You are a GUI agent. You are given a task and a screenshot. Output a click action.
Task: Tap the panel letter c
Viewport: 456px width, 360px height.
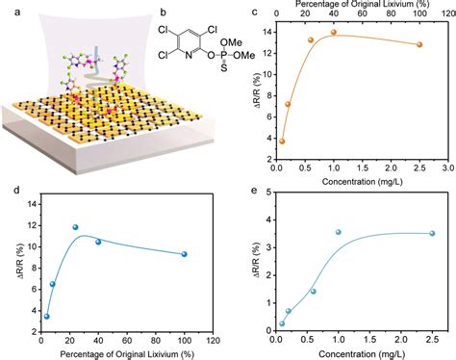click(253, 13)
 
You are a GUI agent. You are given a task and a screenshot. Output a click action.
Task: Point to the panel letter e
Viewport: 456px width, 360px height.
click(253, 189)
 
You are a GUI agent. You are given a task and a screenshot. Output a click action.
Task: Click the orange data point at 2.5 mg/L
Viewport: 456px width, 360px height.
click(418, 45)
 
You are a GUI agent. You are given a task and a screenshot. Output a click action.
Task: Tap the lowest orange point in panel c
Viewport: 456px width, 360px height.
click(282, 141)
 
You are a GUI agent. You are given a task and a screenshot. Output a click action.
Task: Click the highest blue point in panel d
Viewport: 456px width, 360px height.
click(75, 227)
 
